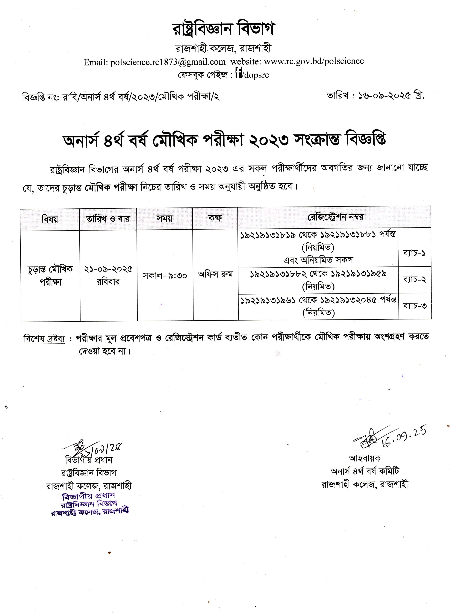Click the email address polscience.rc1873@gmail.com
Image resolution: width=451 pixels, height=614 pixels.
tap(168, 62)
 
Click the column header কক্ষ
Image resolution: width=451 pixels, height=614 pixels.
tap(215, 218)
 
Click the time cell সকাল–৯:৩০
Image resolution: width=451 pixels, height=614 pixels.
tap(165, 276)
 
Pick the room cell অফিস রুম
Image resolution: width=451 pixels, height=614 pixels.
tap(215, 274)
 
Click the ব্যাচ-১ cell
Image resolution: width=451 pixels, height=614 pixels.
tap(414, 253)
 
